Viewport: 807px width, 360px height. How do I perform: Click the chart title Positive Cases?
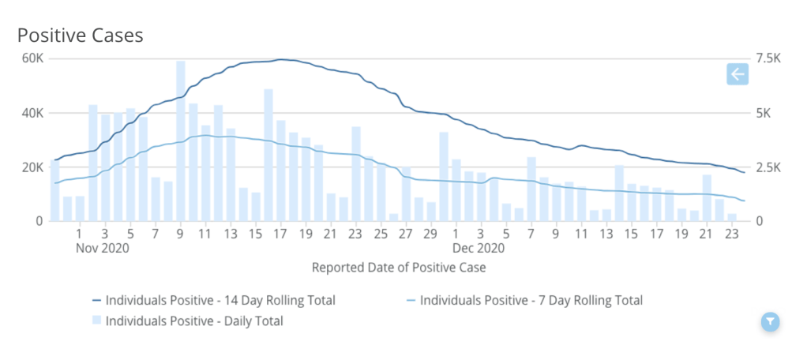[80, 36]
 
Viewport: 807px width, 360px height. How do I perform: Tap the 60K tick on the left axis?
[32, 58]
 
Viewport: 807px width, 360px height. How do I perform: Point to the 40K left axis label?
[32, 113]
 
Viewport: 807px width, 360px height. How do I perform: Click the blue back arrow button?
[738, 75]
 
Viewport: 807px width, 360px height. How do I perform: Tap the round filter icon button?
[771, 321]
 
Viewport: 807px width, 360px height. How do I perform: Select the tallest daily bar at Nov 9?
[181, 142]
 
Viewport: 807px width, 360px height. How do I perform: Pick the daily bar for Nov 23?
[356, 174]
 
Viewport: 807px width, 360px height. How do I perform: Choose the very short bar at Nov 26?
[394, 217]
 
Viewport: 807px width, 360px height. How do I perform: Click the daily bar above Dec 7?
[531, 189]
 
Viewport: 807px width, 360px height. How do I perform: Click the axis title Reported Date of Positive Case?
[399, 268]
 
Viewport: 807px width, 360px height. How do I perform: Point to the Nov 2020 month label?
[102, 247]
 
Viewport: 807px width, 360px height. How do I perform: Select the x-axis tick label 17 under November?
[280, 234]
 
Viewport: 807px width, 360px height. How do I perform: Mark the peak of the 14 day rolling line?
[280, 59]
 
